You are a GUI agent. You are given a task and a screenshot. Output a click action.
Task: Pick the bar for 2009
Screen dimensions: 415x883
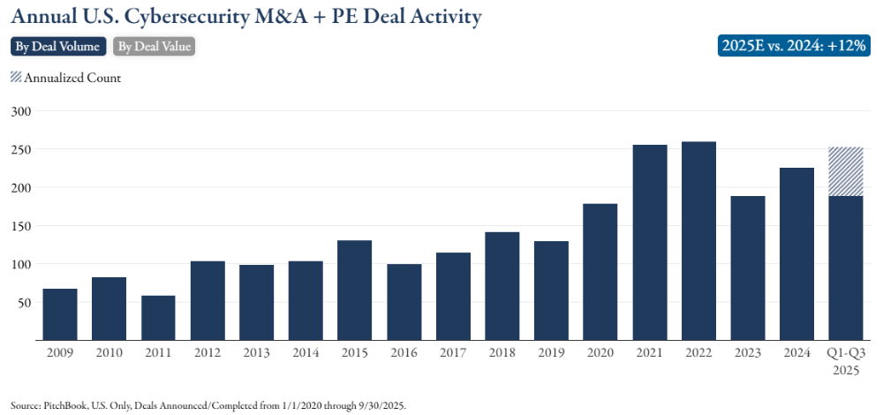[x=60, y=314]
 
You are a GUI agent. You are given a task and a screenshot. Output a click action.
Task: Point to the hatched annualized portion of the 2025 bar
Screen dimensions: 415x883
[x=846, y=171]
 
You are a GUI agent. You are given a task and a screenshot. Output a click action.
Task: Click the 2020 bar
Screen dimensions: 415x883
[x=600, y=272]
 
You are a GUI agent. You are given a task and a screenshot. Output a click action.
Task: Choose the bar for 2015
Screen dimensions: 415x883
[x=355, y=290]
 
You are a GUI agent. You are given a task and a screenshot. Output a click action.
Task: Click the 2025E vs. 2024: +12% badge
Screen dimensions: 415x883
[x=795, y=46]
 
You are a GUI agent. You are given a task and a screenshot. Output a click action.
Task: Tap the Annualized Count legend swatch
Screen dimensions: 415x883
[x=16, y=77]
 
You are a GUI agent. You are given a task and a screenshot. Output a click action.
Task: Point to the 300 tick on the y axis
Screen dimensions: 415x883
[x=20, y=111]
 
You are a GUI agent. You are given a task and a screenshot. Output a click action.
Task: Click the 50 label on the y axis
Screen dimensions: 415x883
[x=24, y=303]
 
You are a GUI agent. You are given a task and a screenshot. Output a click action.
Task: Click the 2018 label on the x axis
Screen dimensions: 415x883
[x=502, y=352]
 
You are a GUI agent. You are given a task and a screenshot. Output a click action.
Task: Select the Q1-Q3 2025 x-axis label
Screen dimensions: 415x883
[x=846, y=359]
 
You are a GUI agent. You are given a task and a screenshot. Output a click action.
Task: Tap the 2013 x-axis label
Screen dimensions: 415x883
[x=256, y=352]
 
